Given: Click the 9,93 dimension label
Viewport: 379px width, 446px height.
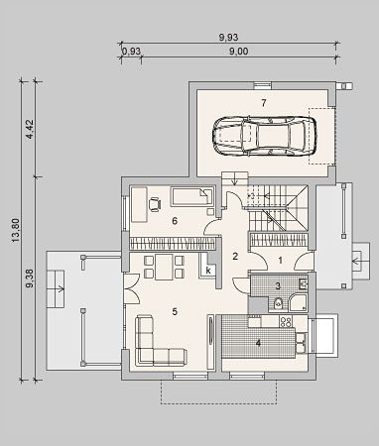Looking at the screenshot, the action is [x=228, y=38].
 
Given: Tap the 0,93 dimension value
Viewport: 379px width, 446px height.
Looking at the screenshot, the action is [x=132, y=52].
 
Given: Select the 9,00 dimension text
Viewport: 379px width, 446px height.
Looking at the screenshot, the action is [x=239, y=52].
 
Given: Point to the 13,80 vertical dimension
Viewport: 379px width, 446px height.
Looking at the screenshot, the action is [x=16, y=230].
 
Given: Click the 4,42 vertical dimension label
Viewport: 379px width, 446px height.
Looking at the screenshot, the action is [x=30, y=129].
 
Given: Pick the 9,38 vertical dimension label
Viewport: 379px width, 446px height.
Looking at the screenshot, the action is [x=30, y=279].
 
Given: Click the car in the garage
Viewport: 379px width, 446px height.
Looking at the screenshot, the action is [x=264, y=136].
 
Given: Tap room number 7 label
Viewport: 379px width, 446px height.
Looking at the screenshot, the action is [x=264, y=103].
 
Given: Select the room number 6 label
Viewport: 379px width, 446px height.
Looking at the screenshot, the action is [x=175, y=221].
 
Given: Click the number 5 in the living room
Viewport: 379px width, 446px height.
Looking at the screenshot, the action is [x=175, y=311].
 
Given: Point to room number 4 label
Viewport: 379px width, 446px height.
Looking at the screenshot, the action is [x=258, y=343].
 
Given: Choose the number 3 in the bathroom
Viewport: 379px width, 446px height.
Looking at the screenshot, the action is [x=278, y=285].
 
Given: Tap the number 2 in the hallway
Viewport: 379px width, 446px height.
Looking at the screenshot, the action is [x=235, y=256].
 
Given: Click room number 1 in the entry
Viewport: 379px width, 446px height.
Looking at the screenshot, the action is [x=281, y=261].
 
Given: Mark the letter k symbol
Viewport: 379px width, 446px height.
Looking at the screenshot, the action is [x=208, y=271].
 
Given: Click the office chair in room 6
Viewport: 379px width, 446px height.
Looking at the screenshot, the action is [x=155, y=204].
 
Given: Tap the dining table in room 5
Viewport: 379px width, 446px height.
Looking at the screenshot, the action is [x=164, y=268].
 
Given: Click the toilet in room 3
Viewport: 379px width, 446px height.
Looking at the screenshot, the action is [x=279, y=302].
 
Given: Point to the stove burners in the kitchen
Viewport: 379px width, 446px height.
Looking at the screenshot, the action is [x=286, y=322].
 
